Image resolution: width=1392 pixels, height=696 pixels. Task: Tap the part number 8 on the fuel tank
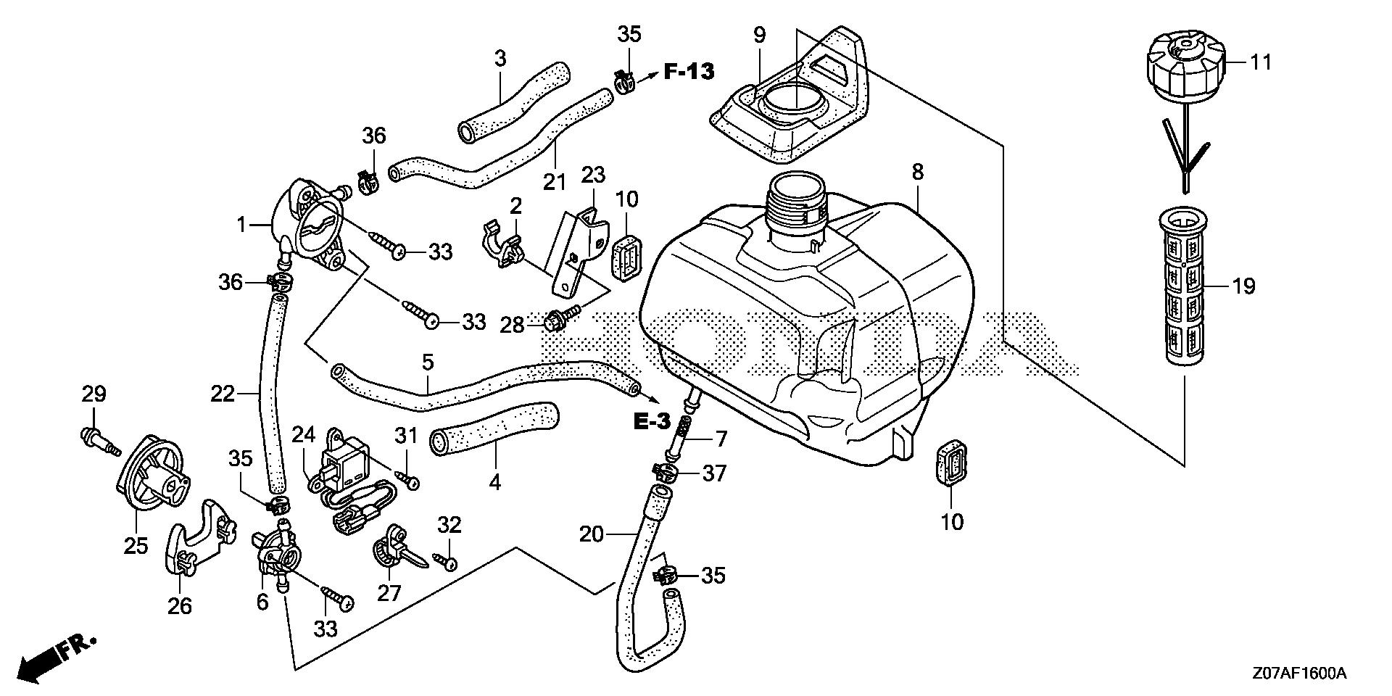pyautogui.click(x=917, y=172)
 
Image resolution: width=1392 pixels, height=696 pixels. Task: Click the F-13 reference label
pyautogui.click(x=688, y=71)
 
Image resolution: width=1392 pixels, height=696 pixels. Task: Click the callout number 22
pyautogui.click(x=223, y=394)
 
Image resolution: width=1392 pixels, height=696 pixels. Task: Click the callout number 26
pyautogui.click(x=180, y=605)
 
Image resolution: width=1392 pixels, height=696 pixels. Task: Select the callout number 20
pyautogui.click(x=592, y=534)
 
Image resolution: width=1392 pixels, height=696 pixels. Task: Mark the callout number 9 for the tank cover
pyautogui.click(x=758, y=34)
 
